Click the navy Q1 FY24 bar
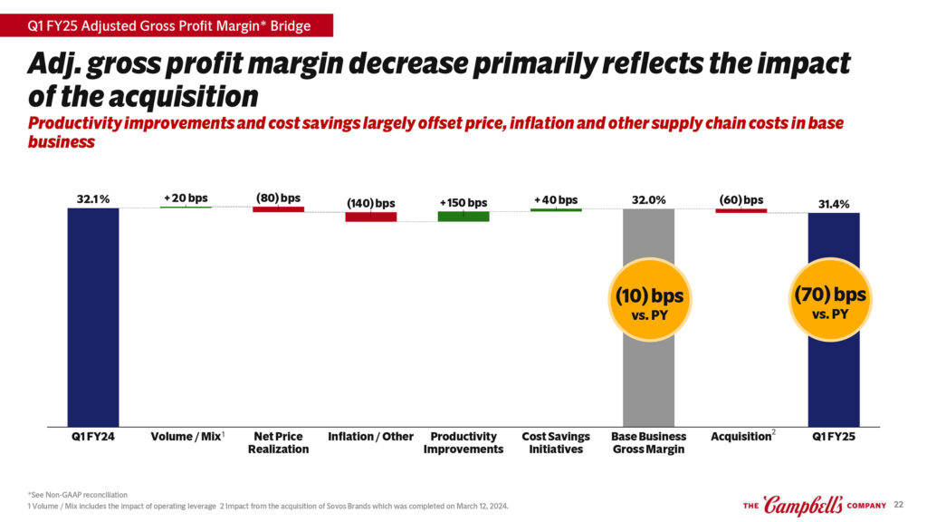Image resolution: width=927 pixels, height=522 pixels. coord(93,316)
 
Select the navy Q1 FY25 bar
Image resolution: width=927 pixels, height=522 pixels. coord(834,381)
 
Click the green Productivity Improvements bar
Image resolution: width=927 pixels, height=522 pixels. coord(463,216)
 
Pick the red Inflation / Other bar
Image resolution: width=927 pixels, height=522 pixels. coord(370,217)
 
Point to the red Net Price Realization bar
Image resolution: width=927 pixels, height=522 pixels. coord(278,209)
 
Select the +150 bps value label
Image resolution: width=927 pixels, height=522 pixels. coord(463,202)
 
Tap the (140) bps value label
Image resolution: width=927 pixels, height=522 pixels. coord(370,202)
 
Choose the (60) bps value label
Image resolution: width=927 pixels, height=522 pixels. coord(741,199)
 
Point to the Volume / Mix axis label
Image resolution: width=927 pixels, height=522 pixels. coord(186,437)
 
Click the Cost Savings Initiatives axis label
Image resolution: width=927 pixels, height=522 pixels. coord(556,443)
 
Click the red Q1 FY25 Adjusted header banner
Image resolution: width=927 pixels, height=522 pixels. coord(167,26)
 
